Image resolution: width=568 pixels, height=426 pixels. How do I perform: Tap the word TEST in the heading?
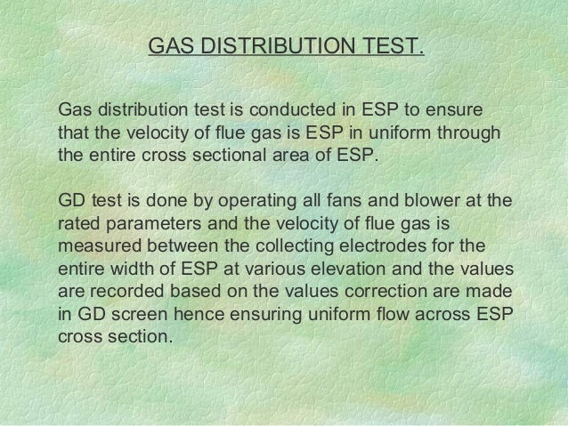[x=389, y=44]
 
